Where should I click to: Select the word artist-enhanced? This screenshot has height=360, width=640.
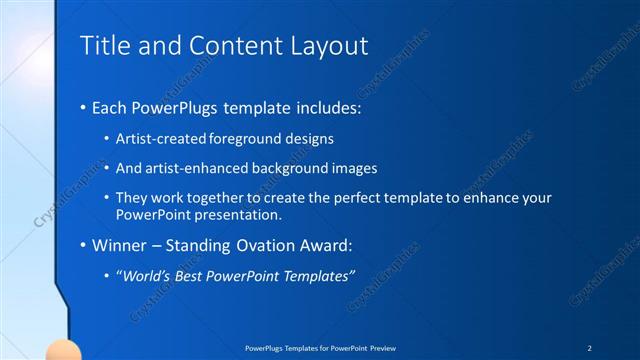(x=197, y=168)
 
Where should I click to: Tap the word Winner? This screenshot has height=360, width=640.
(x=121, y=244)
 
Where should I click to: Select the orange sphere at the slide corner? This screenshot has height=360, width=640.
(x=64, y=350)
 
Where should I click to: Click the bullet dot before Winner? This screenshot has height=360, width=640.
(x=83, y=244)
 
